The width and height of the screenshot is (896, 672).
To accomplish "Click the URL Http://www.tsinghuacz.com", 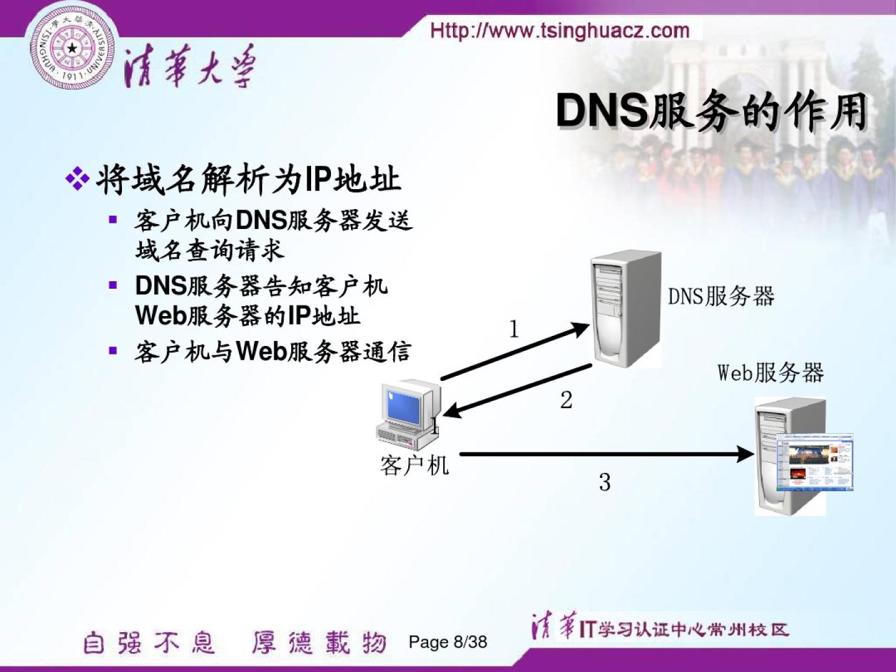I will click(560, 30).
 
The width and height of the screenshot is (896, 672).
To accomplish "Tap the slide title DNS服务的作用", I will click(711, 112).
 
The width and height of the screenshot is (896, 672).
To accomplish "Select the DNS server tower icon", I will click(626, 307).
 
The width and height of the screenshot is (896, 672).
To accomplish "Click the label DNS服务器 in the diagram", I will click(721, 296).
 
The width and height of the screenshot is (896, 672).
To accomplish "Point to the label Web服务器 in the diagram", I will click(770, 373).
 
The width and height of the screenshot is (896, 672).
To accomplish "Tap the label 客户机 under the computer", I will click(414, 465).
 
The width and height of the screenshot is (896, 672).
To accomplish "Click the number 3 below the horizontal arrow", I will click(605, 482).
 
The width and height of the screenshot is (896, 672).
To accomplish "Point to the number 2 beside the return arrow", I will click(566, 400).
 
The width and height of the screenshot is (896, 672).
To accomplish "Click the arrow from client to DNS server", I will click(514, 352).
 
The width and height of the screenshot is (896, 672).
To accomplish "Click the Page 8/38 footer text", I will click(447, 642).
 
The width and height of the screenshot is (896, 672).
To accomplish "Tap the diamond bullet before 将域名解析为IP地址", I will click(77, 179).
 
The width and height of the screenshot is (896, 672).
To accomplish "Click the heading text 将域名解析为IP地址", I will click(248, 179).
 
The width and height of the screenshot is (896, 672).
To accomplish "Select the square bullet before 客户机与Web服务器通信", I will click(113, 350).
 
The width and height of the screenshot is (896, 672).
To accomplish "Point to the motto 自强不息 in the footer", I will click(149, 643).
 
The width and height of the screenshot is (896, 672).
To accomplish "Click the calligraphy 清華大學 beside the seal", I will click(190, 67).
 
